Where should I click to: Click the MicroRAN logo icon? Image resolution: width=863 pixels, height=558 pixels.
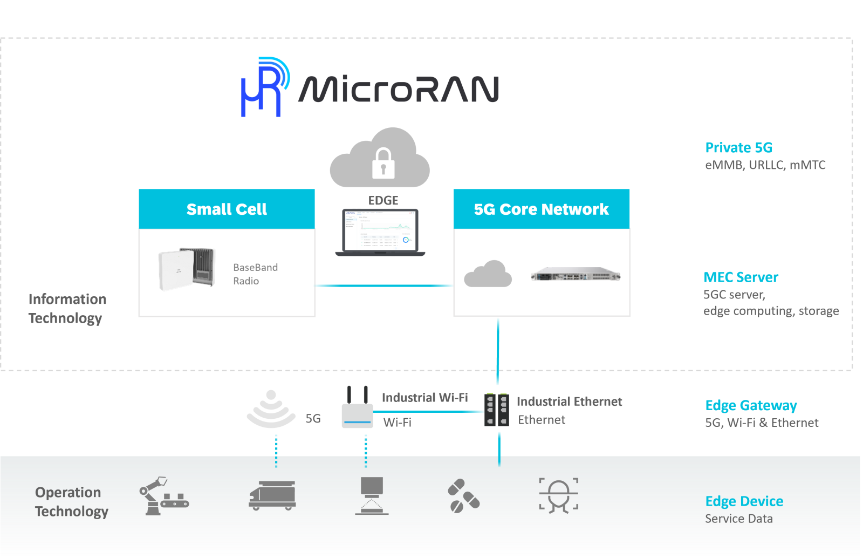(264, 87)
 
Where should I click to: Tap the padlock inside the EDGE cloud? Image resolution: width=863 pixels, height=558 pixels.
(383, 164)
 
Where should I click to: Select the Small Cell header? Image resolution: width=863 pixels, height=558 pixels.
(227, 209)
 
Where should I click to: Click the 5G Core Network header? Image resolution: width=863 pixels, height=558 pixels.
(541, 209)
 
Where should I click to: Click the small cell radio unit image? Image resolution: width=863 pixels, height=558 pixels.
(187, 268)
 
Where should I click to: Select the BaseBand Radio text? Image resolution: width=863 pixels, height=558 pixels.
(255, 274)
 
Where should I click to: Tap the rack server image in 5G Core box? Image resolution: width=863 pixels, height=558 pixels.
(576, 275)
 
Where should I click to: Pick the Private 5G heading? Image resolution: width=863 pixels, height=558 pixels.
(738, 147)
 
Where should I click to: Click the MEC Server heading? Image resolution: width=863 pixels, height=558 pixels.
(741, 277)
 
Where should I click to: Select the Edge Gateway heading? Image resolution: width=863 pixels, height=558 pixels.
(751, 405)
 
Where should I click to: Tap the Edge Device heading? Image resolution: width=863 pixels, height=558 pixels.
(744, 501)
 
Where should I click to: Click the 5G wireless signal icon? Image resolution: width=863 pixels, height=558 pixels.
(271, 410)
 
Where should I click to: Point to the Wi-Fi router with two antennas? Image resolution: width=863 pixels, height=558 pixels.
(357, 410)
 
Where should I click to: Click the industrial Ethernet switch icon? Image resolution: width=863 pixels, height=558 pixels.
(497, 410)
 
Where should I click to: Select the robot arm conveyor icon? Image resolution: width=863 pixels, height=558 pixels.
(162, 496)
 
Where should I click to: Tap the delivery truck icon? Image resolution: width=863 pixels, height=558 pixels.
(272, 495)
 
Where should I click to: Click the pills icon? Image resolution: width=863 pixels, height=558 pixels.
(463, 496)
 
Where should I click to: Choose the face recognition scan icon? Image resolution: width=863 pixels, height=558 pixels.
(559, 495)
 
